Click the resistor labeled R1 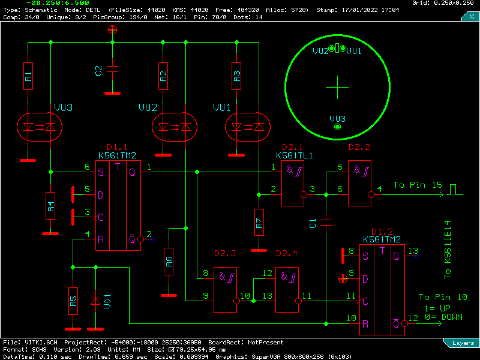[x=28, y=76]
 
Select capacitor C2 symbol [x=112, y=69]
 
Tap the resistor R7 [x=259, y=222]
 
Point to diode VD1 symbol [x=95, y=301]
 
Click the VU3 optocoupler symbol [x=40, y=127]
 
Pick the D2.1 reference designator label [x=292, y=147]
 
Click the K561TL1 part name [x=295, y=155]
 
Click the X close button [x=472, y=17]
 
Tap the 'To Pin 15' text [x=418, y=185]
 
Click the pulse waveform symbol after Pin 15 [x=455, y=190]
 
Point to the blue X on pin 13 [x=416, y=256]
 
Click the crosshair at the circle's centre [x=337, y=87]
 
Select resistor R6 [x=169, y=262]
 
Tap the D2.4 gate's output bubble [x=298, y=301]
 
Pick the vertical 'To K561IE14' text [x=448, y=250]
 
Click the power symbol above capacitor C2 [x=112, y=29]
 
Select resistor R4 [x=50, y=206]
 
